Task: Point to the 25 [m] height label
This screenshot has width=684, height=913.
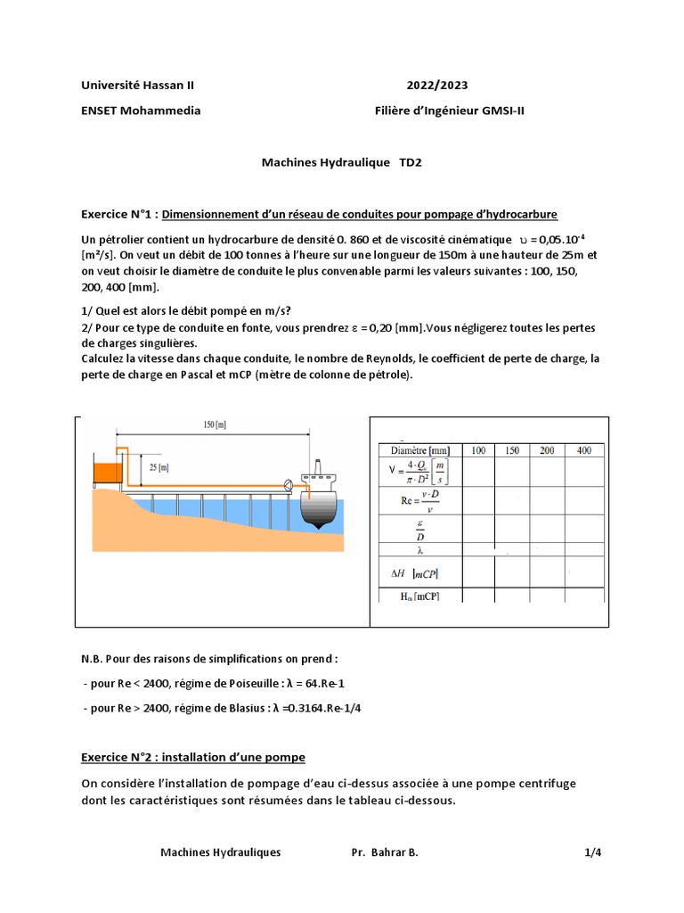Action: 158,466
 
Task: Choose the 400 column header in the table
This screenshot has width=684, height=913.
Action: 583,451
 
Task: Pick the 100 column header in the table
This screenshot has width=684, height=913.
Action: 478,451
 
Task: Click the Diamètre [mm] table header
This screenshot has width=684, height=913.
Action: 416,451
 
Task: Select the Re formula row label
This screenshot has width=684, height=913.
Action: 417,502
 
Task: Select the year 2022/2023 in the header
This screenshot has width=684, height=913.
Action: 437,86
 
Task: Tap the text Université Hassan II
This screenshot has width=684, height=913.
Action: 137,86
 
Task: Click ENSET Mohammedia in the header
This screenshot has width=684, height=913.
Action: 141,111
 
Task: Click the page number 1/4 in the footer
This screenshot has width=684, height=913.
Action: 593,852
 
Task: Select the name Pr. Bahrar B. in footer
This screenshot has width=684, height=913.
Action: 385,852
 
